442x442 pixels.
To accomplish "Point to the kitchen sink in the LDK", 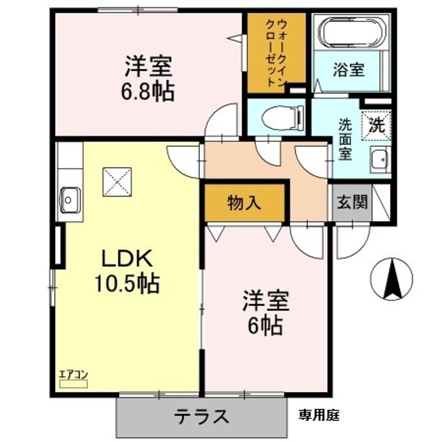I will tap(69, 199).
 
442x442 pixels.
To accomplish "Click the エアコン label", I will tap(72, 374).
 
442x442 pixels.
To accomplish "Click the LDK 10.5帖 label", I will tap(126, 271).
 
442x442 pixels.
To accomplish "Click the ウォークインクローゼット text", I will tap(276, 52).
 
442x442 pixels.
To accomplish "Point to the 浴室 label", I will tap(349, 69).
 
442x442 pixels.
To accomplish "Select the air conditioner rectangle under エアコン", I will tap(73, 384).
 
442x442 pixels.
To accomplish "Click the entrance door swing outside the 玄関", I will tap(351, 241).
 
